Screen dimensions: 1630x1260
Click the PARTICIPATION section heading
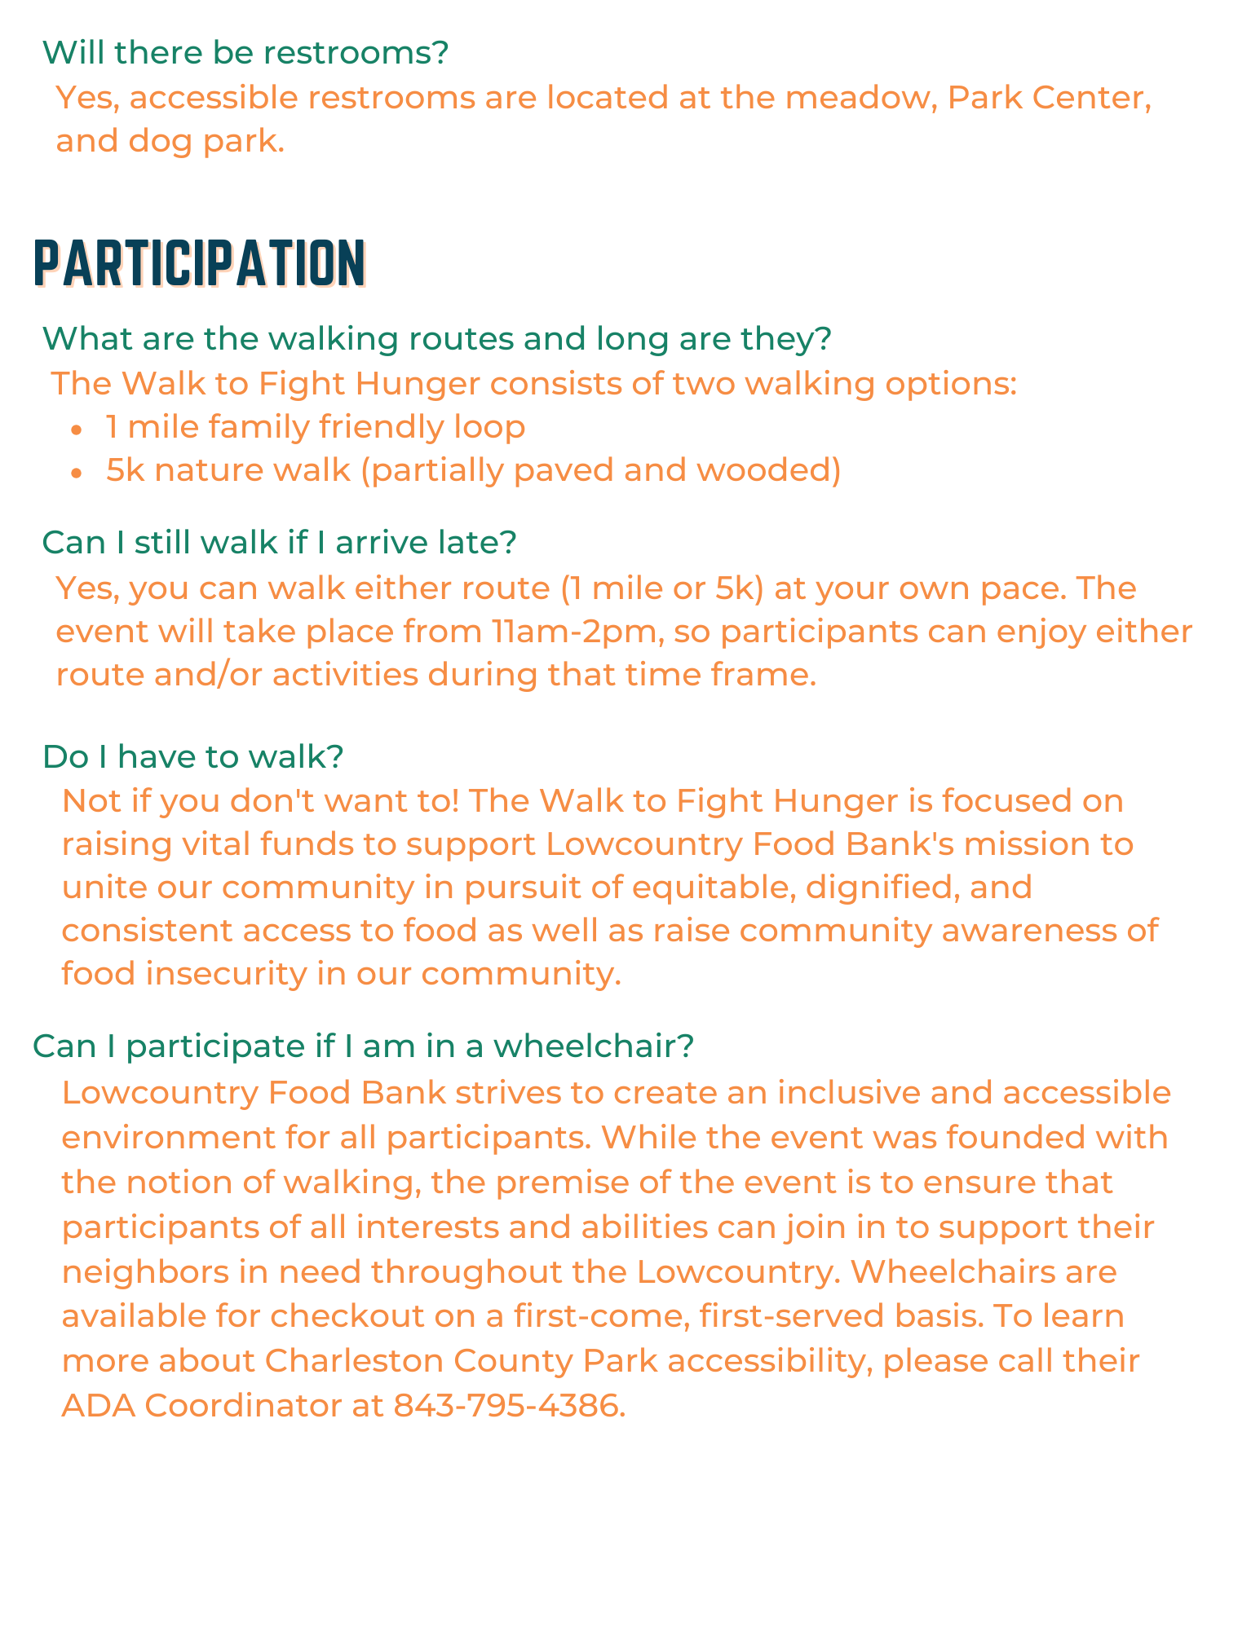tap(200, 262)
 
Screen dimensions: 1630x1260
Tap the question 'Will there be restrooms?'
tap(245, 53)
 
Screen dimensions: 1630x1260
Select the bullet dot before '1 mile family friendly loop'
tap(77, 430)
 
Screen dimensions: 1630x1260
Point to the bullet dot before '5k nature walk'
tap(77, 473)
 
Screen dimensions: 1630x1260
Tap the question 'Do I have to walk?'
tap(192, 757)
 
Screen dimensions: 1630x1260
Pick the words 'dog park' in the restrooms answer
tap(206, 142)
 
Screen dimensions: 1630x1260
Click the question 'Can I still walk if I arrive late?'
tap(279, 543)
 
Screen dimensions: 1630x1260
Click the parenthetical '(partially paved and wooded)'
tap(601, 470)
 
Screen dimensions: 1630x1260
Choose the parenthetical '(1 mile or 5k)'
tap(662, 588)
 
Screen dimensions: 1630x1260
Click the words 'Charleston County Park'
tap(461, 1360)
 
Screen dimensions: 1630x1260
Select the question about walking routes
tap(436, 338)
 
